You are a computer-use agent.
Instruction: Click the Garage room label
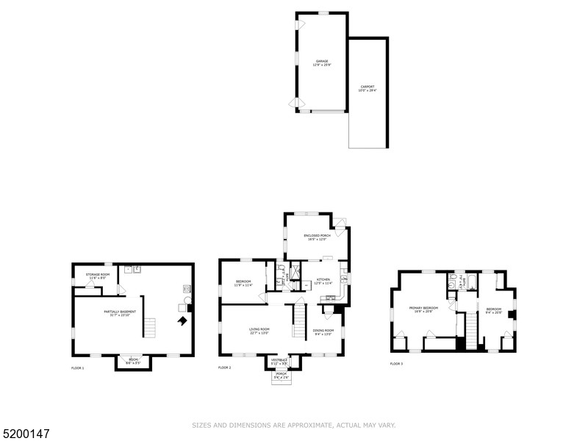[322, 62]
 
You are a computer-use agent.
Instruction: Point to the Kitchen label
[324, 280]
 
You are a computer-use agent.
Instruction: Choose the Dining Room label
[324, 331]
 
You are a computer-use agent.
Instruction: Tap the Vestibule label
[279, 361]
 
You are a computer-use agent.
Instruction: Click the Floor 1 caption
[77, 367]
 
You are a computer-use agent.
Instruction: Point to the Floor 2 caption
[224, 367]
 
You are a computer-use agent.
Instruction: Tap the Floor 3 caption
[396, 364]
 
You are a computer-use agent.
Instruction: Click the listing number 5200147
[25, 434]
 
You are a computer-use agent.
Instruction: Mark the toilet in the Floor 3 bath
[453, 279]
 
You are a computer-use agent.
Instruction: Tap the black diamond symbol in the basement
[180, 320]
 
